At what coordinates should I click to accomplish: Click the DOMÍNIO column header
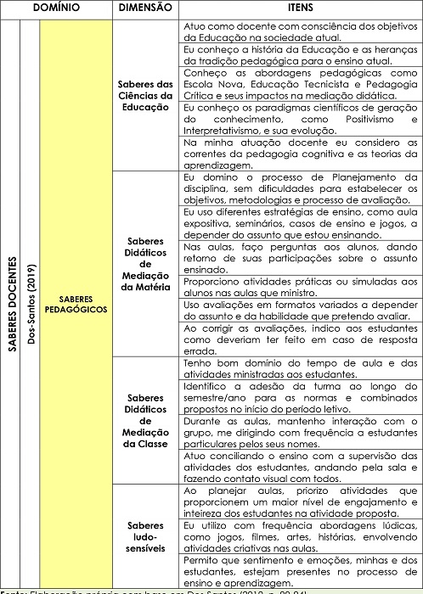pos(57,7)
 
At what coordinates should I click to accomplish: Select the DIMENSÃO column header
pos(146,7)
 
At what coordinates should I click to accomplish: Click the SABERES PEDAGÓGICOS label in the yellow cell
pos(76,304)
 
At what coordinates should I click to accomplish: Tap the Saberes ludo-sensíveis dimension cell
pos(146,532)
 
